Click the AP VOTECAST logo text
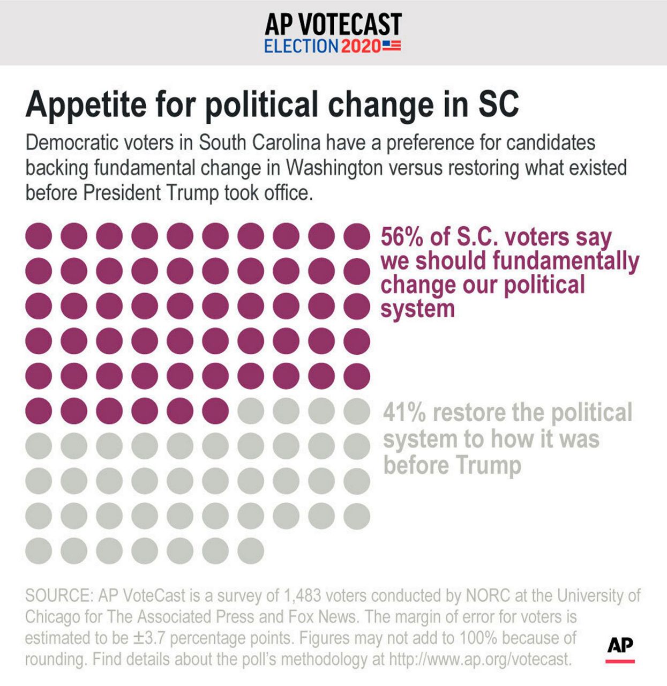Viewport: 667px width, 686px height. tap(333, 24)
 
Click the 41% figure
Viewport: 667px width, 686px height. tap(404, 413)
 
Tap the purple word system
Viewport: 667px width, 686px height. tap(417, 309)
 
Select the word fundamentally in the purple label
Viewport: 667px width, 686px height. tap(566, 261)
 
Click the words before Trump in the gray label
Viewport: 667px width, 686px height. tap(452, 465)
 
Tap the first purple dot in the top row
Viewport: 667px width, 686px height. tap(39, 236)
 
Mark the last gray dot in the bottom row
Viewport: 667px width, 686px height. tap(251, 550)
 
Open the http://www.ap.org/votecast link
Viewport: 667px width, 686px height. tap(479, 659)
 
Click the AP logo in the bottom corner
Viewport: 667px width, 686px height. tap(620, 646)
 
